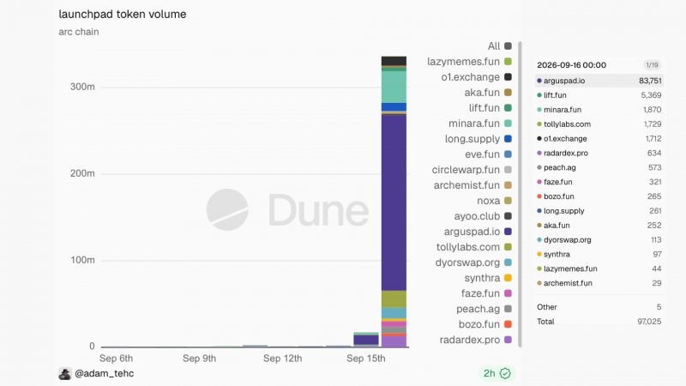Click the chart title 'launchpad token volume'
(123, 15)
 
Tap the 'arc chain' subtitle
(79, 32)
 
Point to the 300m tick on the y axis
(82, 87)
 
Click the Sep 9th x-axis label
(199, 359)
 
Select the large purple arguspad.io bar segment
(394, 202)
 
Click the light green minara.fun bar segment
(394, 87)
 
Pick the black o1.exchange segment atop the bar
(394, 61)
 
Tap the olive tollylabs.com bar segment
(394, 299)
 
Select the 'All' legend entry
(500, 46)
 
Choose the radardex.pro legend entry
(476, 340)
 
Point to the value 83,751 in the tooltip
(650, 81)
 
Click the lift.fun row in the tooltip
(599, 95)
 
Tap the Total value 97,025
(649, 322)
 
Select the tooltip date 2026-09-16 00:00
(571, 65)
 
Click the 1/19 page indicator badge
(652, 65)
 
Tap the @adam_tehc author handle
(104, 373)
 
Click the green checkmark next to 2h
(505, 373)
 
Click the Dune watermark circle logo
(227, 209)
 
